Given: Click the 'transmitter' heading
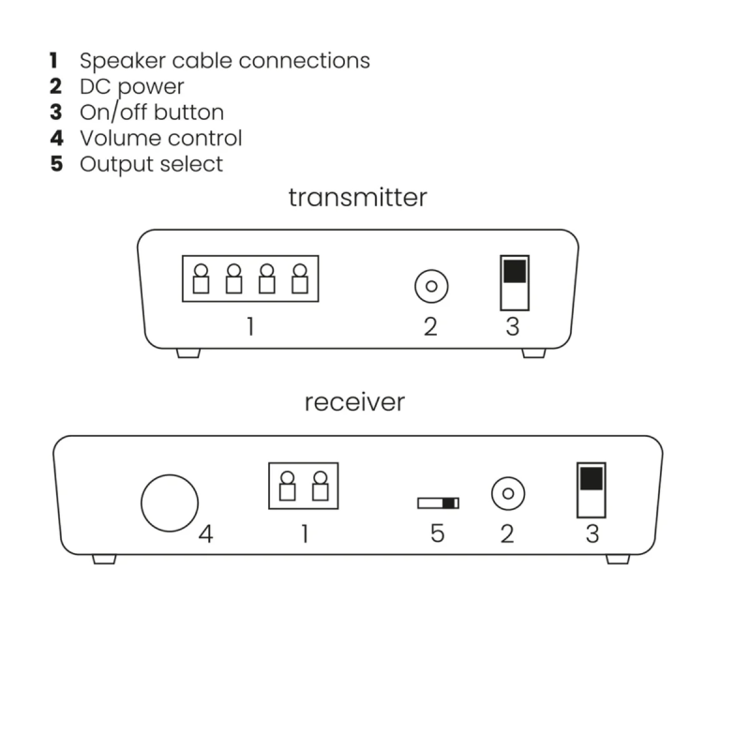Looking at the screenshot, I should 357,198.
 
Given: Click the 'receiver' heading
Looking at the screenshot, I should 354,402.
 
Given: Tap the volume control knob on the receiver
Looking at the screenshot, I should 170,502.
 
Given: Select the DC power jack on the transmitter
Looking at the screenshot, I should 430,286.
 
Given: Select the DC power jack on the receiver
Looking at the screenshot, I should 507,493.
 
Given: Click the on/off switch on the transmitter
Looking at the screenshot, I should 515,282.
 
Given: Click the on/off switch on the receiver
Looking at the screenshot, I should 591,489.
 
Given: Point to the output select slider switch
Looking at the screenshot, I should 438,503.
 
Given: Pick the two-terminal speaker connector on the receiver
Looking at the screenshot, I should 304,486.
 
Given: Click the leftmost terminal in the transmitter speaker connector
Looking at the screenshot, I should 201,279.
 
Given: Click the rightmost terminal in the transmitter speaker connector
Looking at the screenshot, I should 300,279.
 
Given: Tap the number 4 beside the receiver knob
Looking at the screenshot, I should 206,534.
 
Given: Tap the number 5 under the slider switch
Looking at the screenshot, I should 437,534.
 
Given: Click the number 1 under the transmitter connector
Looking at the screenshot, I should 250,327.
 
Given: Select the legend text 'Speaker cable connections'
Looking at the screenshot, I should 224,61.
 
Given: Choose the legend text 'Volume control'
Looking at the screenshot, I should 160,138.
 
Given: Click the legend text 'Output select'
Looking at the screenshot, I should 151,164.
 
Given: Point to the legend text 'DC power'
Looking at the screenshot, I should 131,87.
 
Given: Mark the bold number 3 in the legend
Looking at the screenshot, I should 55,112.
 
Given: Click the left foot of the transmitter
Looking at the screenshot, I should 187,353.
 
